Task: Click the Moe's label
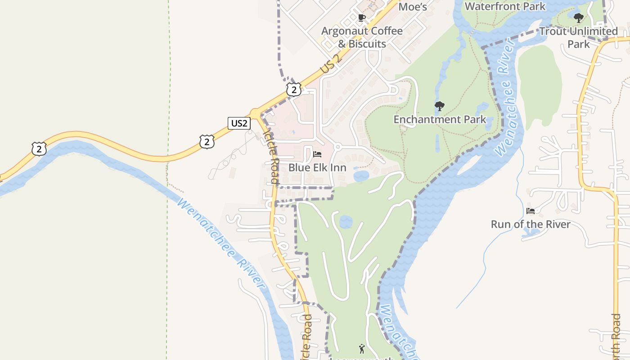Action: [x=413, y=6]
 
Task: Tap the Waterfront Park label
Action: [x=505, y=6]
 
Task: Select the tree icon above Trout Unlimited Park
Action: [x=579, y=18]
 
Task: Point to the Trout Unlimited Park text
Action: [x=578, y=37]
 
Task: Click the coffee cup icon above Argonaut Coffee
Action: [x=361, y=18]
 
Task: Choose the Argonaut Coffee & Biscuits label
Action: [x=362, y=37]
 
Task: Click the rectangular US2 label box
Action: [x=239, y=123]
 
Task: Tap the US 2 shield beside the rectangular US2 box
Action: [x=207, y=142]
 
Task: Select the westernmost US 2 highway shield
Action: [x=39, y=148]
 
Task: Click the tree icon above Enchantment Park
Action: [x=440, y=107]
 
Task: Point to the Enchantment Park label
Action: [x=440, y=119]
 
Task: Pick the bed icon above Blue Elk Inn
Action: [x=317, y=154]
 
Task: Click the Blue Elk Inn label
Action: [x=317, y=167]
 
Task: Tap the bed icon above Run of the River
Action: [x=531, y=211]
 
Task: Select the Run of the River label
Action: [x=531, y=224]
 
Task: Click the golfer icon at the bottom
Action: [x=362, y=348]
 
